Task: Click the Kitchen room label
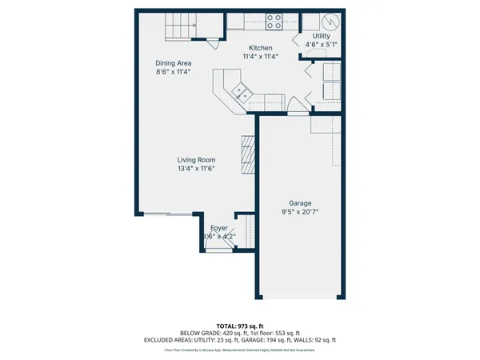click(x=261, y=48)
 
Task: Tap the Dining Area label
click(x=174, y=63)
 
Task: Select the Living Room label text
click(x=196, y=160)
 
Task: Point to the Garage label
click(x=295, y=203)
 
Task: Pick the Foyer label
click(x=218, y=228)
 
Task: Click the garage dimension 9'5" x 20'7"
click(x=295, y=213)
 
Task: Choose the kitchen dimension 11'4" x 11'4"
click(x=261, y=57)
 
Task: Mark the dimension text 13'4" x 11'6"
click(x=196, y=169)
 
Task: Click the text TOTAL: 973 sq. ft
click(x=239, y=325)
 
